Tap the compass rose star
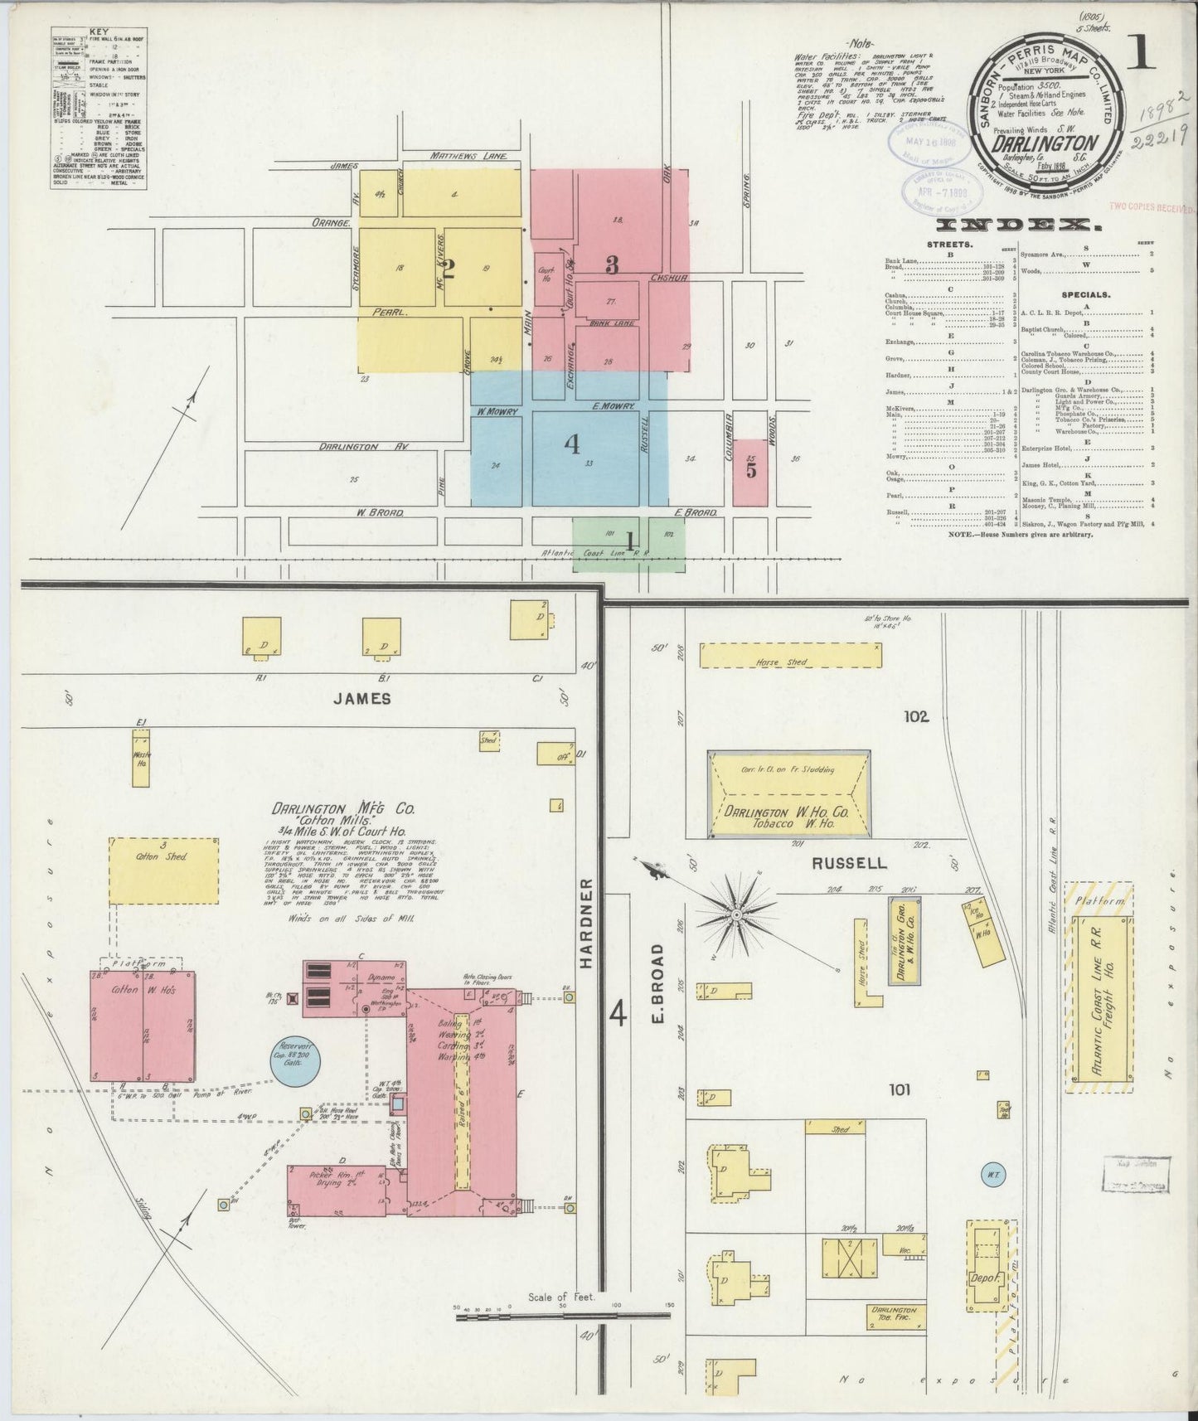[x=735, y=914]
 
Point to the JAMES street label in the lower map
[x=361, y=699]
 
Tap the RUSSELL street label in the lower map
[x=849, y=863]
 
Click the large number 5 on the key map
[x=750, y=470]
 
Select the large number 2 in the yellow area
[x=449, y=268]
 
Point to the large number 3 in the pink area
[x=612, y=264]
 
